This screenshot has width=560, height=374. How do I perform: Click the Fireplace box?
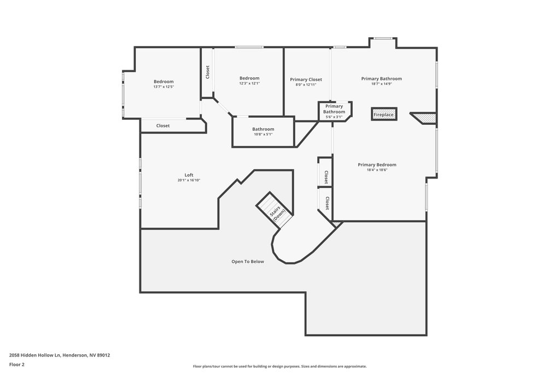coord(384,114)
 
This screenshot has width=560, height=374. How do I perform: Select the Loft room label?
coord(189,175)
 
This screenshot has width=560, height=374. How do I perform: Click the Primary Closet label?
coord(306,79)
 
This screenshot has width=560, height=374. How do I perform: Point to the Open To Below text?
coord(248,261)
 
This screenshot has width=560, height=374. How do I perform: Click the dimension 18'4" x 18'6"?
coord(377,170)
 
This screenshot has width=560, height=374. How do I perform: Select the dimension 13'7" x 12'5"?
coord(164,87)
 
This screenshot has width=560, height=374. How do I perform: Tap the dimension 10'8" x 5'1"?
coord(263,135)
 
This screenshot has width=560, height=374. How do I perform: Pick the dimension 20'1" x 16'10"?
coord(189,180)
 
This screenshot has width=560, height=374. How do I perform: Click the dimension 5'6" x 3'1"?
coord(334,117)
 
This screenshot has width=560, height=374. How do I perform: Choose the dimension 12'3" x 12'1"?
coord(249,83)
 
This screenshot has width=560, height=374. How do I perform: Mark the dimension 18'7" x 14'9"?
coord(381,84)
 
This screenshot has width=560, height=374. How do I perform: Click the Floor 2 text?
coord(17,365)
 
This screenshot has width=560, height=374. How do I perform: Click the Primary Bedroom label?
coord(377,164)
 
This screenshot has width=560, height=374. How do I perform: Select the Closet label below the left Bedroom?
coord(163,125)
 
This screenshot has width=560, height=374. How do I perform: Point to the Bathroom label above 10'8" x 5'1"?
coord(263,129)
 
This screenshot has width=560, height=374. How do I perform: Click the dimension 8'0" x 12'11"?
coord(306,85)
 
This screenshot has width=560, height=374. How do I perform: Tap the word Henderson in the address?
coord(75,355)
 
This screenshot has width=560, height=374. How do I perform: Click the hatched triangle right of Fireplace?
coord(424,118)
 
